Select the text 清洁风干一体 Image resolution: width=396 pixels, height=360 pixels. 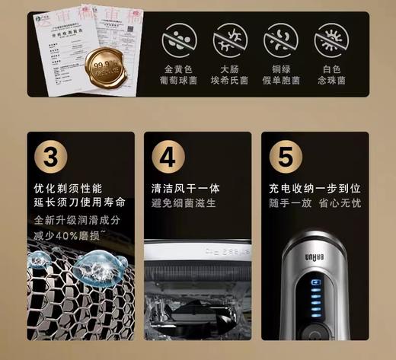[x=186, y=188]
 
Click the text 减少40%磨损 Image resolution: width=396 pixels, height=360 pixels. [x=69, y=236]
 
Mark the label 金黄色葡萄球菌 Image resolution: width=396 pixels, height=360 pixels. [x=178, y=73]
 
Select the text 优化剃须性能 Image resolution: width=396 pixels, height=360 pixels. [x=69, y=187]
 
